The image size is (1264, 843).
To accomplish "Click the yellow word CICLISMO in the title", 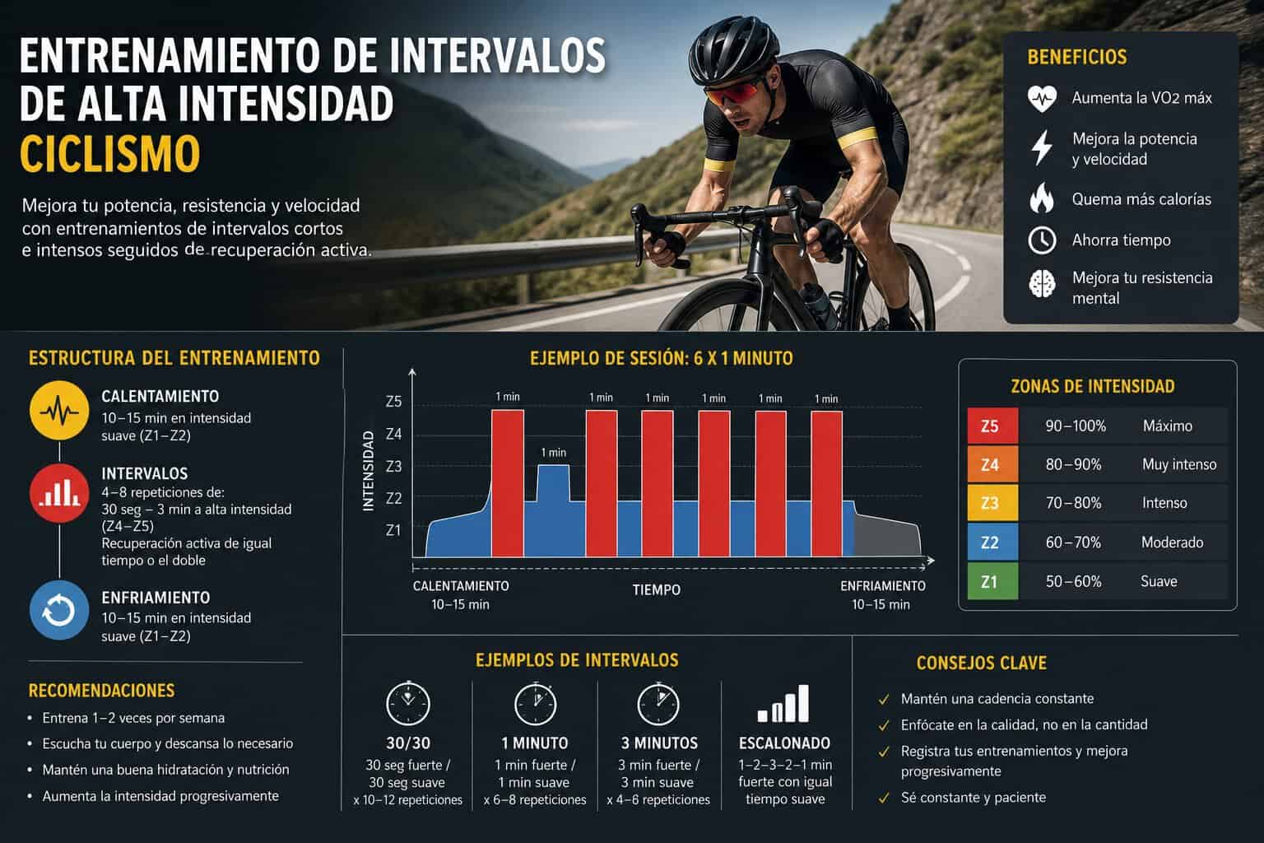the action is (110, 153).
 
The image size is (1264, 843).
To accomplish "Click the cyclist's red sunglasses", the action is (732, 93).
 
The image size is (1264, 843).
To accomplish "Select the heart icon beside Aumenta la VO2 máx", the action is (1042, 99).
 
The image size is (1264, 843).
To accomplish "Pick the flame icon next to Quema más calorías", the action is (1042, 198).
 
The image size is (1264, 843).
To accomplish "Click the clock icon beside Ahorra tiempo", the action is (1042, 240).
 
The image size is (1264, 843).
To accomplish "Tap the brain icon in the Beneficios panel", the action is (1042, 284).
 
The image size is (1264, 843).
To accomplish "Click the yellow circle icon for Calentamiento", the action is (59, 411).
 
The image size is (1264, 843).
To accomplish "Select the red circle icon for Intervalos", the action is (59, 493).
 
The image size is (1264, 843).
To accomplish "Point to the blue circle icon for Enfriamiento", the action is (59, 610).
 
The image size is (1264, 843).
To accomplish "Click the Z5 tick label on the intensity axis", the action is (393, 402).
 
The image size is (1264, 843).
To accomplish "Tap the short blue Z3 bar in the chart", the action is (554, 483).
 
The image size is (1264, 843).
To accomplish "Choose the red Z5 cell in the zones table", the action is (992, 426).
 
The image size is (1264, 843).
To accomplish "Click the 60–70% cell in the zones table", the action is (1073, 543).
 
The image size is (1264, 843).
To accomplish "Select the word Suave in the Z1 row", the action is (1159, 581).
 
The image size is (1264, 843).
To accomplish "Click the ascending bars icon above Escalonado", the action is (783, 704).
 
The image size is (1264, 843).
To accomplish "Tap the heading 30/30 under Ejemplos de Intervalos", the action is (408, 743).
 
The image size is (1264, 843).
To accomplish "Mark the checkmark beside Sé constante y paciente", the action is (884, 798).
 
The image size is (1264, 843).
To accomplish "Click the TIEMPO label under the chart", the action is (656, 590).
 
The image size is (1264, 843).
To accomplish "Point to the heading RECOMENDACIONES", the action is (101, 691).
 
